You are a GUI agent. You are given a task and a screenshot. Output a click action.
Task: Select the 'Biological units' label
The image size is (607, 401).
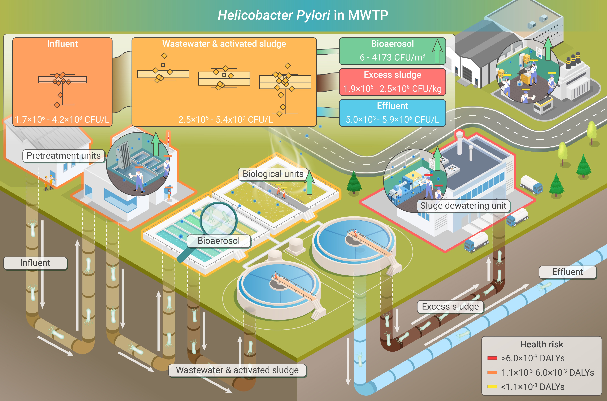[273, 174]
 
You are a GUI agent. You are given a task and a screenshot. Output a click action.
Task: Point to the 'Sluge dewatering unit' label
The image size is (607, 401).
[463, 206]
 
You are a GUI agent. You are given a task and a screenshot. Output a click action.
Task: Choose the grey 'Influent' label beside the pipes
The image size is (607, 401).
[35, 263]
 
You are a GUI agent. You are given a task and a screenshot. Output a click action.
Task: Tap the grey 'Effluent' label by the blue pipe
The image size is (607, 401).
[568, 272]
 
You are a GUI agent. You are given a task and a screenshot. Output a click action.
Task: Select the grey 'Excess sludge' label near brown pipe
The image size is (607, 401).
[450, 307]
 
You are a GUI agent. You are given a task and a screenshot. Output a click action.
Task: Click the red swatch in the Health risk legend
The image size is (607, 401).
[492, 358]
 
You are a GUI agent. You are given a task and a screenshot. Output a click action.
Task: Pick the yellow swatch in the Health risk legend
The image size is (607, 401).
[492, 387]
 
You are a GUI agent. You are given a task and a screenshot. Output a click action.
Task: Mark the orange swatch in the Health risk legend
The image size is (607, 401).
[492, 372]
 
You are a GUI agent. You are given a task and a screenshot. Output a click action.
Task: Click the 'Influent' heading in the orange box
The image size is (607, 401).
[62, 44]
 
